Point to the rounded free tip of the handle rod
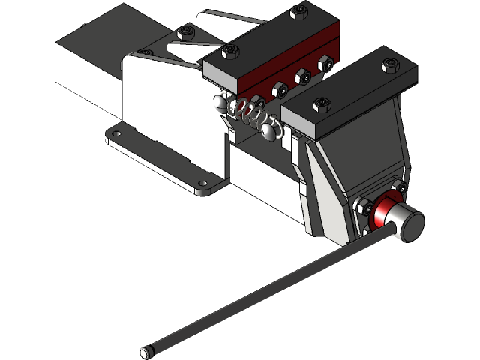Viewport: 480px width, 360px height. (144, 351)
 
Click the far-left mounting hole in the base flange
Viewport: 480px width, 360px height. (115, 134)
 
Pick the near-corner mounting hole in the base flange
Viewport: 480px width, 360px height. (203, 182)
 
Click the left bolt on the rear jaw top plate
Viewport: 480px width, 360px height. (231, 50)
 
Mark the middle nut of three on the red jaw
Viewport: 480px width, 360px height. (304, 75)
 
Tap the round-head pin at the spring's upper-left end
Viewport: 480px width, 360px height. (220, 101)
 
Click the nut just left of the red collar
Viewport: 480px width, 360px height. (364, 207)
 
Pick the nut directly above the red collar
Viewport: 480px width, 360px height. (399, 186)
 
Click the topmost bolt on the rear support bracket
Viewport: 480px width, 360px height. (186, 31)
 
